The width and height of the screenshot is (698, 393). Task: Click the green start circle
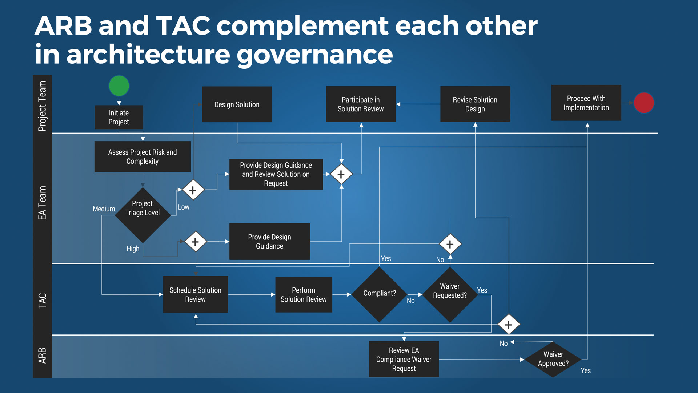click(119, 86)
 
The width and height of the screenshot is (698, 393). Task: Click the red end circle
click(644, 103)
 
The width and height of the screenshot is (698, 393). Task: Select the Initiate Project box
click(119, 117)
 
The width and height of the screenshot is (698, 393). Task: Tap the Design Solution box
click(237, 104)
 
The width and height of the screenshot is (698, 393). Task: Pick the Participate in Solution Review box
click(360, 104)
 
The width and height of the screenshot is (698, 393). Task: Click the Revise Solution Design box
click(475, 104)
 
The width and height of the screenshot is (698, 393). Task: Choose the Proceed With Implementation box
click(586, 103)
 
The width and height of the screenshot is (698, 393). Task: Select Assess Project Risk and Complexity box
click(143, 156)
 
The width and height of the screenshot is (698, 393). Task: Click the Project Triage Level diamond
click(143, 215)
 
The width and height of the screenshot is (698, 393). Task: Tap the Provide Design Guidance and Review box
click(276, 174)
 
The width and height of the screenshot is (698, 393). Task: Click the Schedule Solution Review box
click(195, 294)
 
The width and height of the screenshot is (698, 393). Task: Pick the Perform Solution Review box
click(304, 294)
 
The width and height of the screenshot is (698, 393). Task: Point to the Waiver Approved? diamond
click(553, 359)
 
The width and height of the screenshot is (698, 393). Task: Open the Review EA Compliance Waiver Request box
click(404, 359)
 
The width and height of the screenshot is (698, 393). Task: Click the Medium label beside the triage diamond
click(104, 209)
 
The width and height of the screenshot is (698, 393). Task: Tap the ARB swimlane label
click(42, 356)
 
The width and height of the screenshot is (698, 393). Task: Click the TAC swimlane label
click(42, 301)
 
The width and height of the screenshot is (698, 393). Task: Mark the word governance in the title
click(315, 55)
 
